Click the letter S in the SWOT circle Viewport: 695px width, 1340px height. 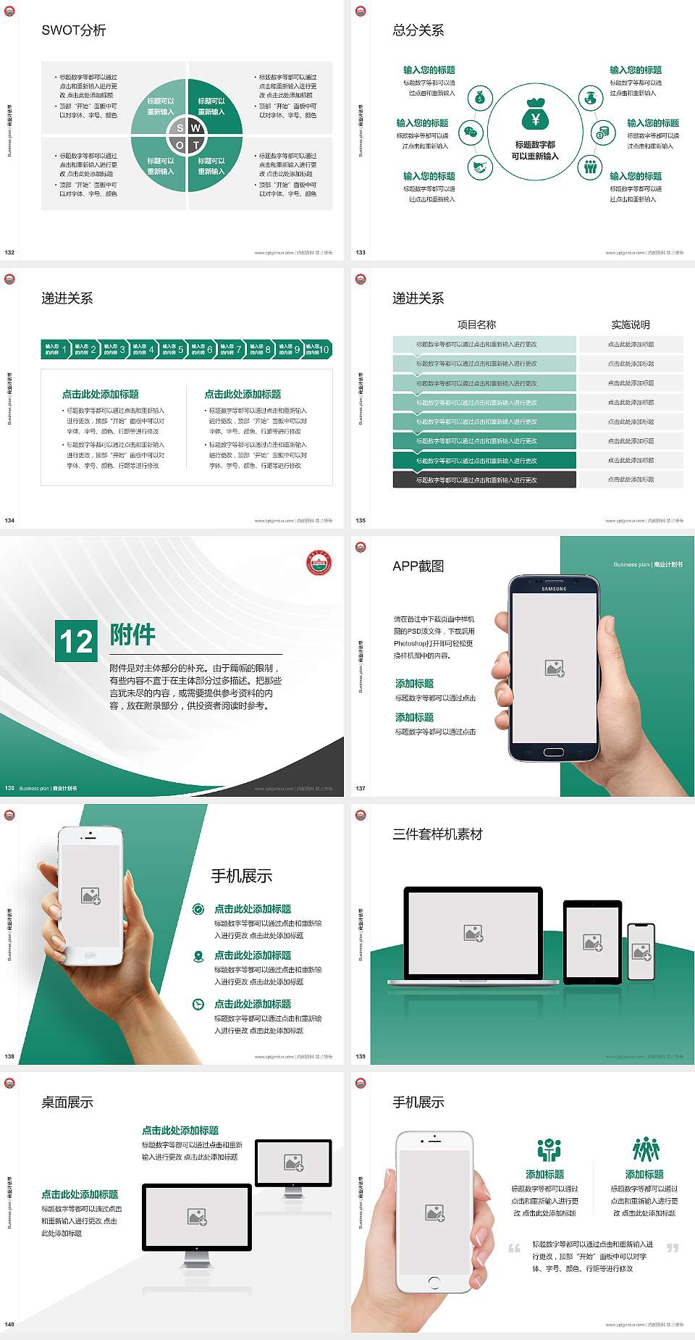[x=180, y=128]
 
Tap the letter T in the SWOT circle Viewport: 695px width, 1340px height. [x=195, y=145]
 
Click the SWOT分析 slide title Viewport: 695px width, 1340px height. [x=74, y=30]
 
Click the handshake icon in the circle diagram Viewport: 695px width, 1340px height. [x=479, y=167]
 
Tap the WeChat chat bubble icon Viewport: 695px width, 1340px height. [x=471, y=133]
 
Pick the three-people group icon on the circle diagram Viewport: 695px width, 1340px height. [x=591, y=167]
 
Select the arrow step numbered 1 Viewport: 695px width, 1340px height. [x=55, y=349]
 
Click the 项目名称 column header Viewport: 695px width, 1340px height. [x=476, y=324]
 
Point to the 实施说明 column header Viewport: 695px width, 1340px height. [x=631, y=324]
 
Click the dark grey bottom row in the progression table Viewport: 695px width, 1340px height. [x=484, y=480]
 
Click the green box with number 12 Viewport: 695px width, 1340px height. [x=76, y=641]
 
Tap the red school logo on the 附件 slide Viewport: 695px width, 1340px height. [x=319, y=563]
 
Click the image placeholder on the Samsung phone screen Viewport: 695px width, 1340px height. [x=555, y=669]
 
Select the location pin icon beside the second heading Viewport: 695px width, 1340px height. [x=198, y=956]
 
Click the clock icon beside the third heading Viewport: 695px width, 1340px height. [x=198, y=1004]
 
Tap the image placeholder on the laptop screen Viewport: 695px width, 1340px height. [x=473, y=934]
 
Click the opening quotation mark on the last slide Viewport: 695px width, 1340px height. [x=514, y=1248]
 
